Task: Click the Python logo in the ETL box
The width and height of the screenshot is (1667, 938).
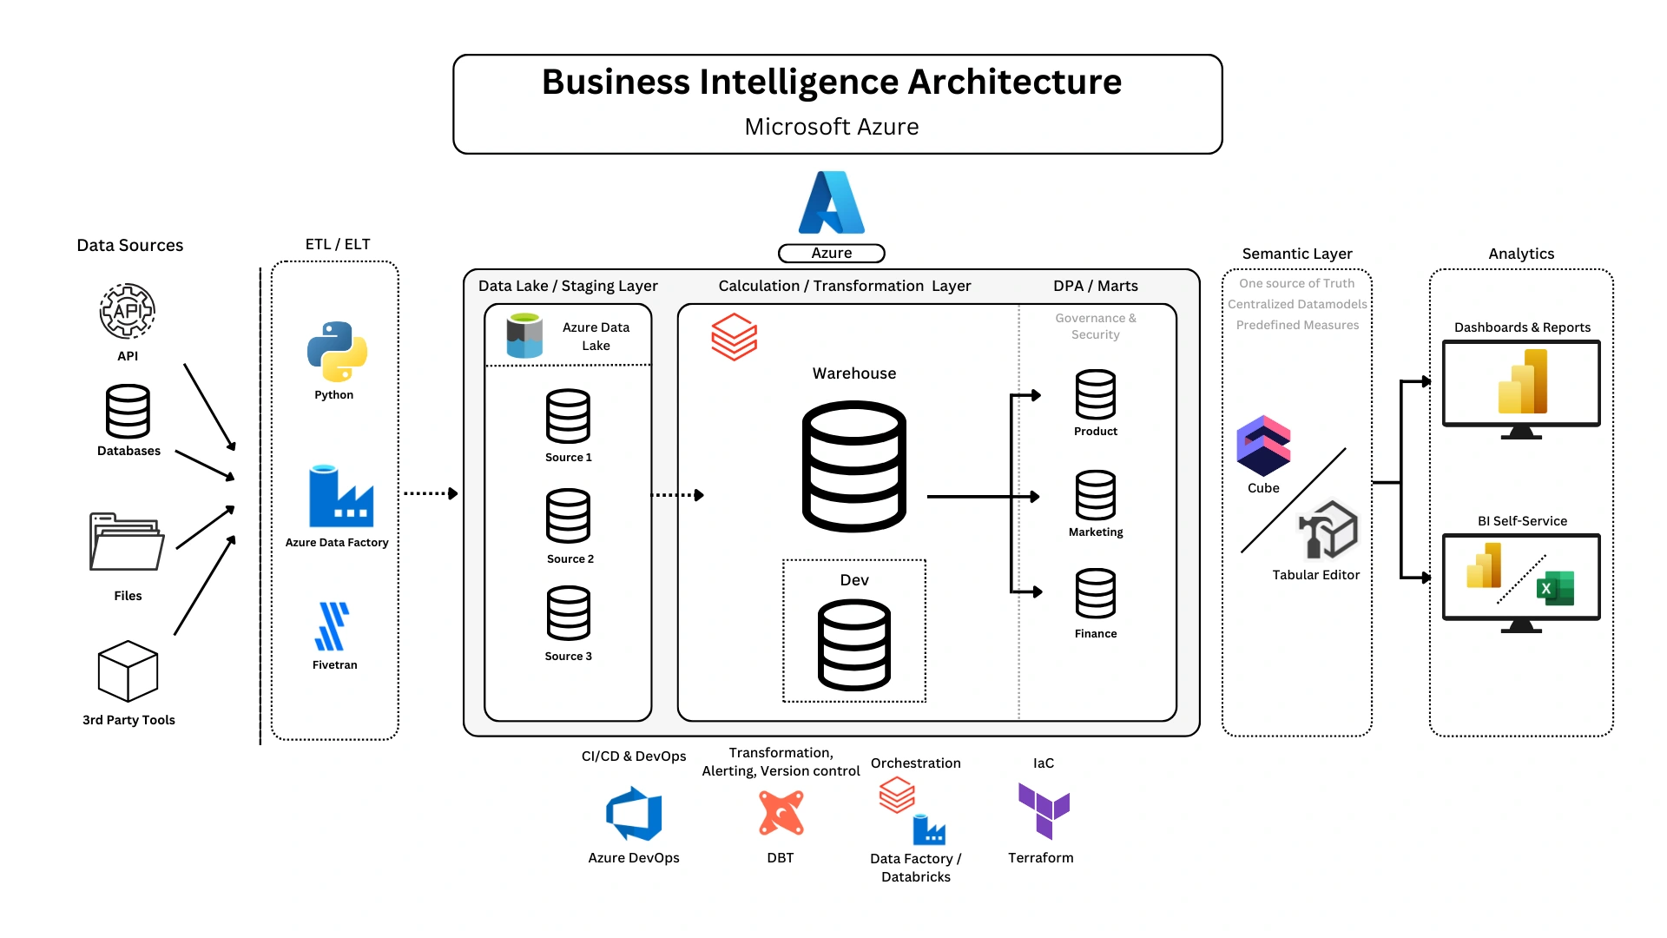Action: [x=337, y=352]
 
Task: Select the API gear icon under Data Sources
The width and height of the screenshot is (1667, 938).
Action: [x=128, y=310]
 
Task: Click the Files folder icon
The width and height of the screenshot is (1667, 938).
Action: [x=127, y=541]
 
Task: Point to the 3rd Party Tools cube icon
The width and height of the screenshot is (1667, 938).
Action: [x=128, y=670]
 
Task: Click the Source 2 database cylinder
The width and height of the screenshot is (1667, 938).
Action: [x=568, y=516]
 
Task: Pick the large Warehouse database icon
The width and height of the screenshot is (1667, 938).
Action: [x=854, y=466]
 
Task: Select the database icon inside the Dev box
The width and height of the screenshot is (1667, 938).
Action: [x=854, y=644]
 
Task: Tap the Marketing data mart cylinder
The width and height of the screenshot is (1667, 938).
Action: [x=1096, y=495]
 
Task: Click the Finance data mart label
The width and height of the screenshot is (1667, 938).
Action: [x=1096, y=634]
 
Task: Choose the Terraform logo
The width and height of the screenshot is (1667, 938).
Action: [x=1044, y=809]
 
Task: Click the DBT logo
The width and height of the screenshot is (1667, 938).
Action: [x=781, y=813]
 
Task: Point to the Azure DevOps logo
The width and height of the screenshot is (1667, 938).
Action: [x=634, y=814]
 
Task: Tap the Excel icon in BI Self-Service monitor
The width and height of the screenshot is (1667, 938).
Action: [x=1555, y=588]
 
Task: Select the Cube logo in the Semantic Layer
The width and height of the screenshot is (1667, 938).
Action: [x=1263, y=446]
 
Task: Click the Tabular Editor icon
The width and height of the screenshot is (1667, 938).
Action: [x=1328, y=530]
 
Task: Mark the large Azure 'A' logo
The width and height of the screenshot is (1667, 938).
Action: [x=831, y=202]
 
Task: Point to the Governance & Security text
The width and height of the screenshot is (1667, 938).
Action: [x=1096, y=327]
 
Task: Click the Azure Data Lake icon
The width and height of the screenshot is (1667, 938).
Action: [x=524, y=336]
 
